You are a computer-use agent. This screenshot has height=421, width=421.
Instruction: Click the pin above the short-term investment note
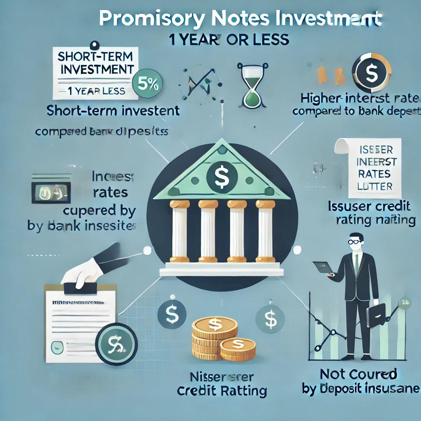(x=97, y=44)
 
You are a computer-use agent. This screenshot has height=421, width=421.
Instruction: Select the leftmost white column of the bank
(x=179, y=230)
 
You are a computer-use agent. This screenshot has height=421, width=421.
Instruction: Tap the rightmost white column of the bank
(x=264, y=230)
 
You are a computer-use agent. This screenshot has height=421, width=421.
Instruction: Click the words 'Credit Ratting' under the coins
(x=222, y=391)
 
